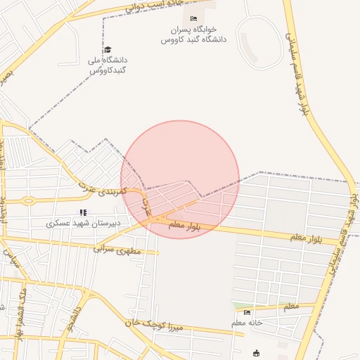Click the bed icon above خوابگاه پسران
(194, 18)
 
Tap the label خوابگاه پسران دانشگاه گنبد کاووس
(193, 34)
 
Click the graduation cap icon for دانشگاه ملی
(108, 50)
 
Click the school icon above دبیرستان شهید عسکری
(83, 212)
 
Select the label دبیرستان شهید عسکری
(84, 224)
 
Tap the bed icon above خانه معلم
(246, 312)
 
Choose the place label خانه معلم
(246, 323)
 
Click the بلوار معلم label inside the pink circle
(185, 226)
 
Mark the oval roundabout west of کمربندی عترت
(28, 200)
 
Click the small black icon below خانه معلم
(256, 354)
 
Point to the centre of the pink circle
(180, 179)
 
